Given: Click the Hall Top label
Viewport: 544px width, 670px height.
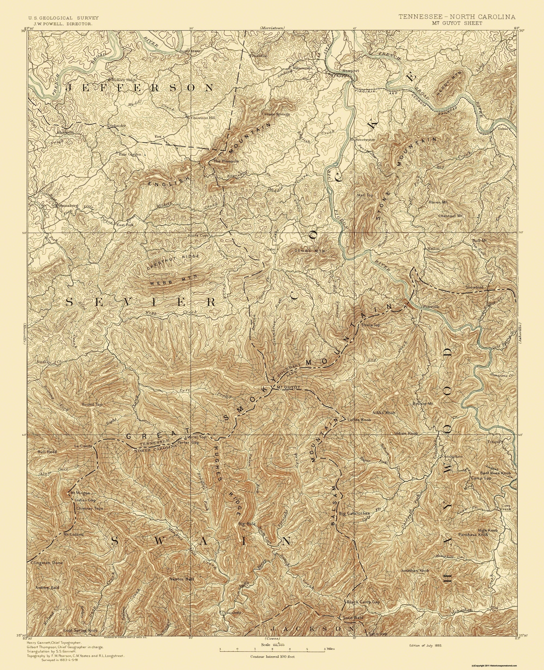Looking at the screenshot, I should click(365, 195).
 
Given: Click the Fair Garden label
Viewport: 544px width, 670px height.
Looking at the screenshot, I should click(130, 154).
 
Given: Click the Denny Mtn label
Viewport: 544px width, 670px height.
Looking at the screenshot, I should click(311, 251).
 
